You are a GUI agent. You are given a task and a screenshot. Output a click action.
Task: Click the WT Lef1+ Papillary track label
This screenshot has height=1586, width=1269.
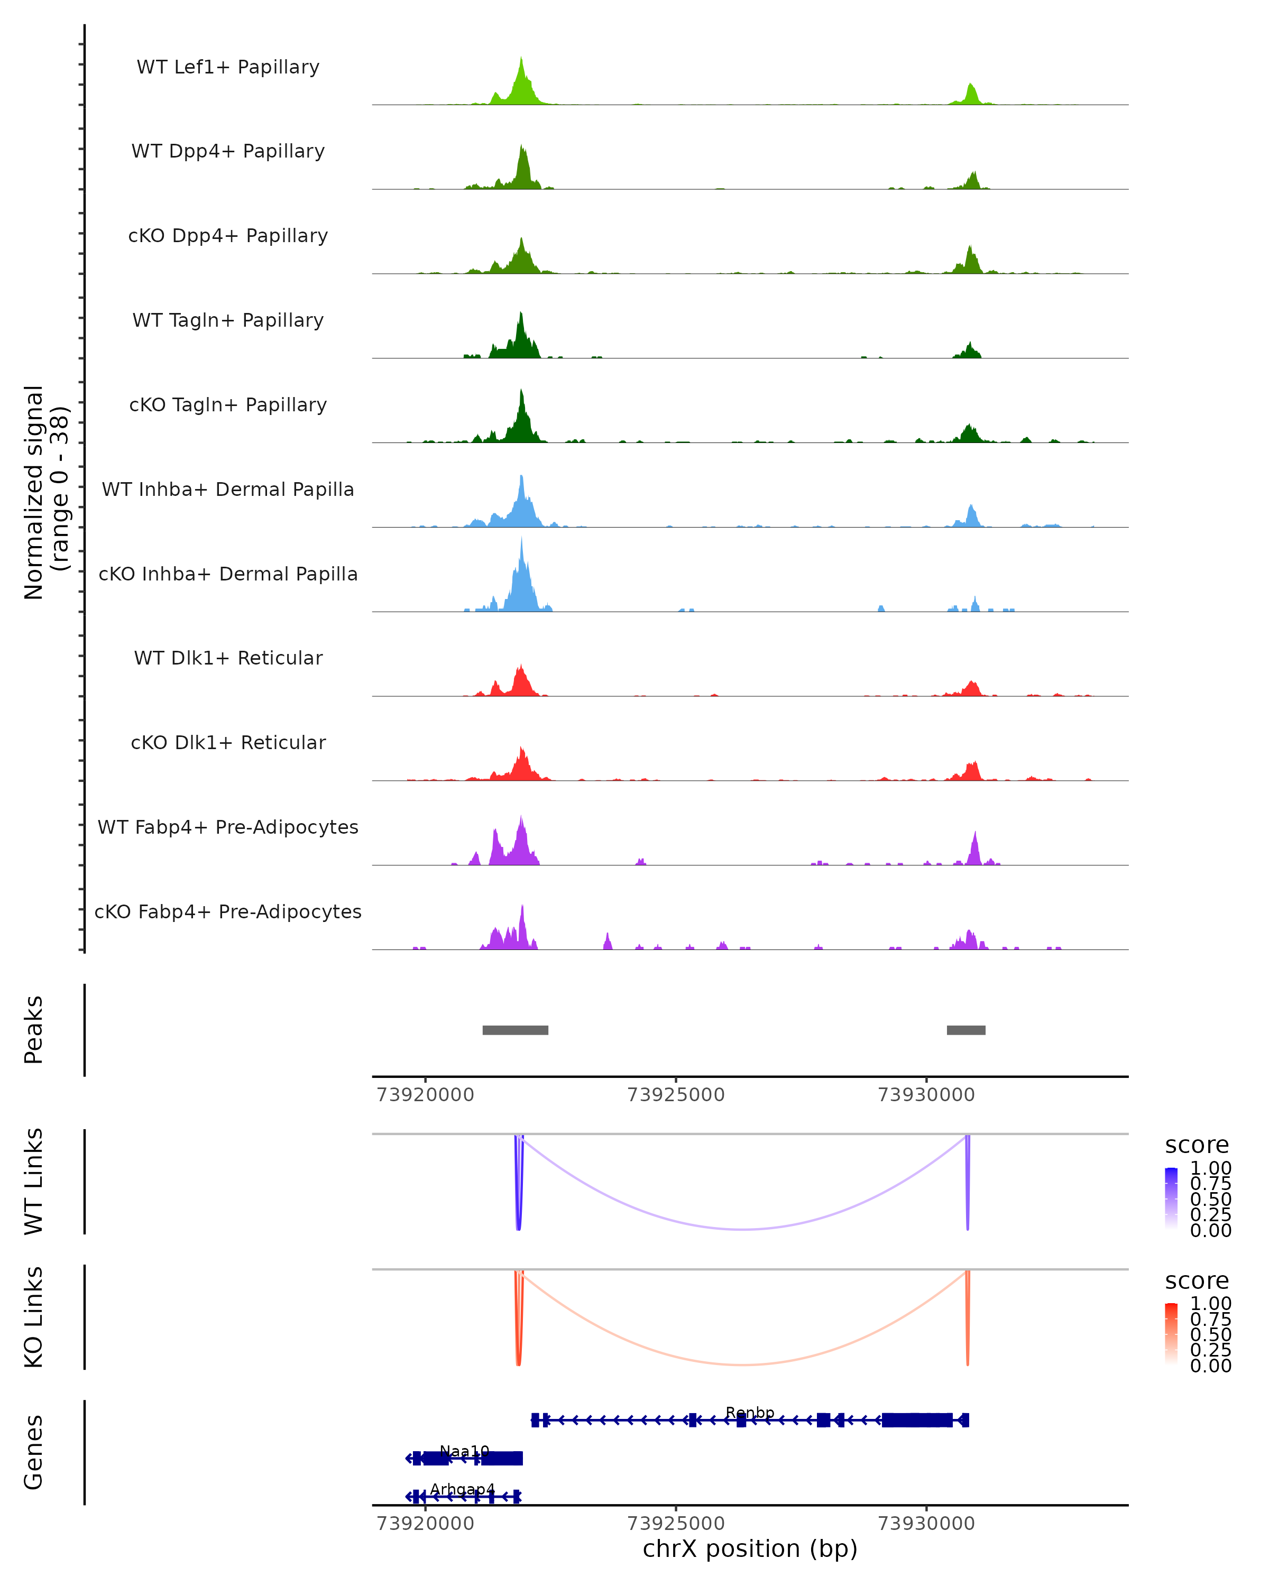[228, 67]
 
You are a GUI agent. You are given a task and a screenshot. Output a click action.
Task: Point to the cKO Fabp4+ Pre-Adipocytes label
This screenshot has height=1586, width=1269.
[228, 911]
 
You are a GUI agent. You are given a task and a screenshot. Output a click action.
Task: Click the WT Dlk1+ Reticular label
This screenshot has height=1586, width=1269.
[228, 658]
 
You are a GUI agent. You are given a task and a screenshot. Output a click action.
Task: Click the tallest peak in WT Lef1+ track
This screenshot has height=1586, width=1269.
[521, 59]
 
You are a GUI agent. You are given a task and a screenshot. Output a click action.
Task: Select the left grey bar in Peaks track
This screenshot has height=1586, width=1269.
[515, 1030]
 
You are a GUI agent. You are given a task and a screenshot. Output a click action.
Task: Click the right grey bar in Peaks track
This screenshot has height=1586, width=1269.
[966, 1030]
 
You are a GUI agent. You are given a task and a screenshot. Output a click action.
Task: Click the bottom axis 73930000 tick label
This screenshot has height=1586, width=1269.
[926, 1524]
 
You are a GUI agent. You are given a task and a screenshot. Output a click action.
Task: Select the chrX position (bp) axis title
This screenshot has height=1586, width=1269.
[750, 1549]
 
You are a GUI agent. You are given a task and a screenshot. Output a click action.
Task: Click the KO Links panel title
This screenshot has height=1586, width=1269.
[34, 1317]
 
